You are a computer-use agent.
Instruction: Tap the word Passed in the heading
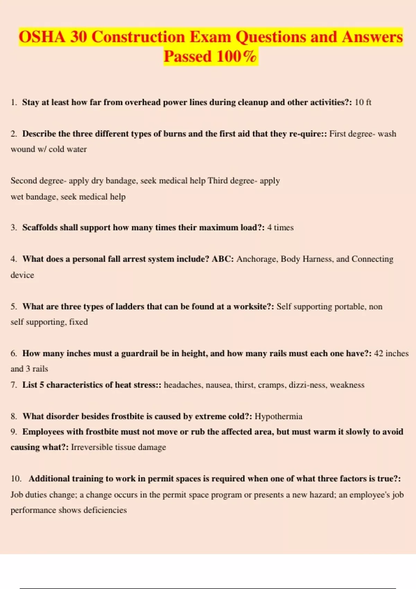tap(187, 56)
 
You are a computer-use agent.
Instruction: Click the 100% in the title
tap(236, 56)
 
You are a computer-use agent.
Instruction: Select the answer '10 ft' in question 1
tap(363, 102)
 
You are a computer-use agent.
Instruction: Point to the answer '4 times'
tap(280, 228)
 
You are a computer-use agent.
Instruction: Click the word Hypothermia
tap(278, 416)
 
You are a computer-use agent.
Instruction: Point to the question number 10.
tap(16, 479)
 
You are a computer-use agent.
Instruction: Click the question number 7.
tap(14, 385)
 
